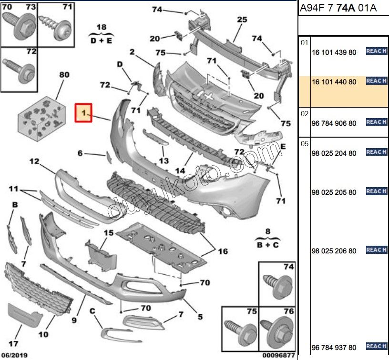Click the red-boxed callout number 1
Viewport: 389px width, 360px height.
coord(83,113)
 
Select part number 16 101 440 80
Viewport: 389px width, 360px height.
coord(334,82)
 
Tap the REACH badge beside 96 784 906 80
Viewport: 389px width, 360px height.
coord(376,122)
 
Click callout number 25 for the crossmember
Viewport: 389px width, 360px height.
coord(242,20)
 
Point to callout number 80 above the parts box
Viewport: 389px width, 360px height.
coord(64,75)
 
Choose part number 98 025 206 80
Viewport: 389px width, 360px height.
coord(334,251)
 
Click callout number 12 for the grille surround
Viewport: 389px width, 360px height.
coord(34,161)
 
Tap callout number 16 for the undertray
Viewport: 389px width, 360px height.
coord(223,251)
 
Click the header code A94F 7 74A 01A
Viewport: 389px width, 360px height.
coord(338,9)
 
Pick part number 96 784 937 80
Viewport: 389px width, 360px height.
coord(334,347)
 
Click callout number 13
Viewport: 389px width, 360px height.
coord(164,161)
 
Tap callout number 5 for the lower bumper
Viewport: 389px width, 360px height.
coord(200,316)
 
